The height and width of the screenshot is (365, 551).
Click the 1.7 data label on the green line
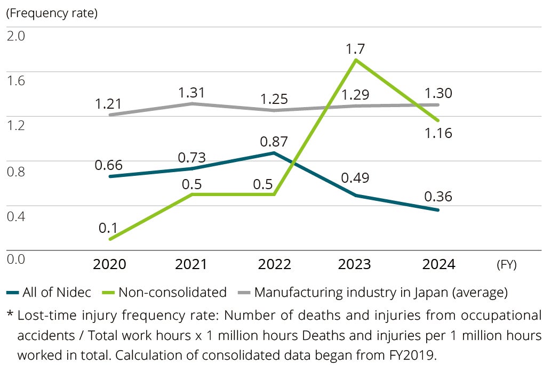355,49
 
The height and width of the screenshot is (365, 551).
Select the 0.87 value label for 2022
274,142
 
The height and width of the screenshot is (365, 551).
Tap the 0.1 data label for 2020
108,228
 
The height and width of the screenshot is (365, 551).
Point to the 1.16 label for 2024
438,133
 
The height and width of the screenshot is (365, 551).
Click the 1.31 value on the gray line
192,93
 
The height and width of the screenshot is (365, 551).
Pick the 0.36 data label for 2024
438,197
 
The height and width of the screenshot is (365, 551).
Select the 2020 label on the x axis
109,264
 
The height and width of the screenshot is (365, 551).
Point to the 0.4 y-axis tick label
15,215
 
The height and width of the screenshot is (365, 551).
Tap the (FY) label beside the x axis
506,264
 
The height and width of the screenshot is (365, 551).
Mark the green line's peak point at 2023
356,60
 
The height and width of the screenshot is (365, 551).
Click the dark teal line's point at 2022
274,153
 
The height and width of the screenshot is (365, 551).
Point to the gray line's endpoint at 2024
438,104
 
